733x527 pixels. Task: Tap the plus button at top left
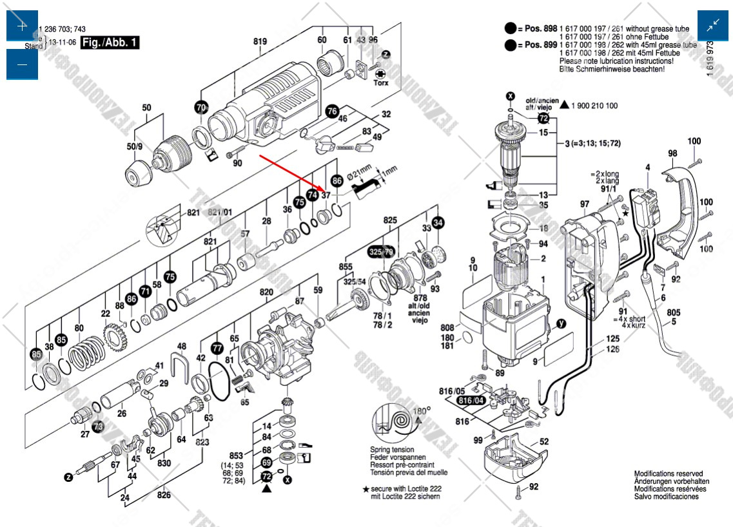click(x=22, y=26)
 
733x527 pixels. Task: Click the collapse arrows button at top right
click(x=713, y=26)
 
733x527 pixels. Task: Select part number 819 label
click(x=260, y=42)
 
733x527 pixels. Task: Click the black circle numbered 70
click(x=201, y=107)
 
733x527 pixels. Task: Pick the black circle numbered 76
click(x=331, y=111)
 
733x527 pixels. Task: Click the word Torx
click(x=381, y=82)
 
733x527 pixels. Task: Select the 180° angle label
click(x=421, y=410)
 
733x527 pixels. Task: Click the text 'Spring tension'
click(x=392, y=450)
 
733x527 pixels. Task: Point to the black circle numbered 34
click(x=438, y=223)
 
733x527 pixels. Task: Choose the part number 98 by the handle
click(x=672, y=153)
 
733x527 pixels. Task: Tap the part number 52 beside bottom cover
click(x=544, y=441)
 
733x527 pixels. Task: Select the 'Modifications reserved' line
click(x=668, y=474)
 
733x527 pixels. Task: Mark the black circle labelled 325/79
click(x=380, y=251)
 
